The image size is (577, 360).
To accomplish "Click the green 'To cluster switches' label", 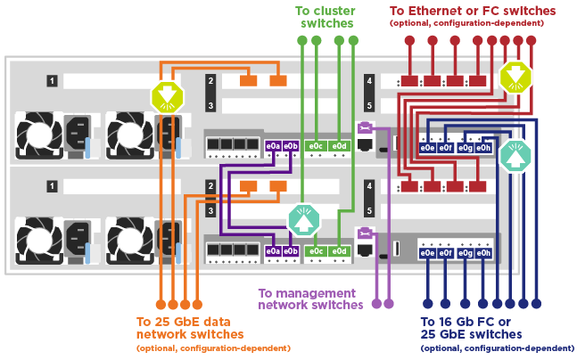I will pyautogui.click(x=326, y=17).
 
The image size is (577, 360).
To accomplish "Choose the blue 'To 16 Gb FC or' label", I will pyautogui.click(x=465, y=322).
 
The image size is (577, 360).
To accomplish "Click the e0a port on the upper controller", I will pyautogui.click(x=274, y=145).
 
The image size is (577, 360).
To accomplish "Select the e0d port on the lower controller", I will pyautogui.click(x=338, y=252).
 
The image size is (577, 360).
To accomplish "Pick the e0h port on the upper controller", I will pyautogui.click(x=482, y=148).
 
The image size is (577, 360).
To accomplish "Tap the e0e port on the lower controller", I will pyautogui.click(x=427, y=254).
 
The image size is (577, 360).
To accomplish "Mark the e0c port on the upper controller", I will pyautogui.click(x=315, y=145).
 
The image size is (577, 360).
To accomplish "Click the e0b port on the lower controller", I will pyautogui.click(x=291, y=252).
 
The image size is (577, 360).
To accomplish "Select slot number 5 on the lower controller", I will pyautogui.click(x=369, y=211).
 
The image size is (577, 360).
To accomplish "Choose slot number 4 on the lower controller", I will pyautogui.click(x=369, y=187).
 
